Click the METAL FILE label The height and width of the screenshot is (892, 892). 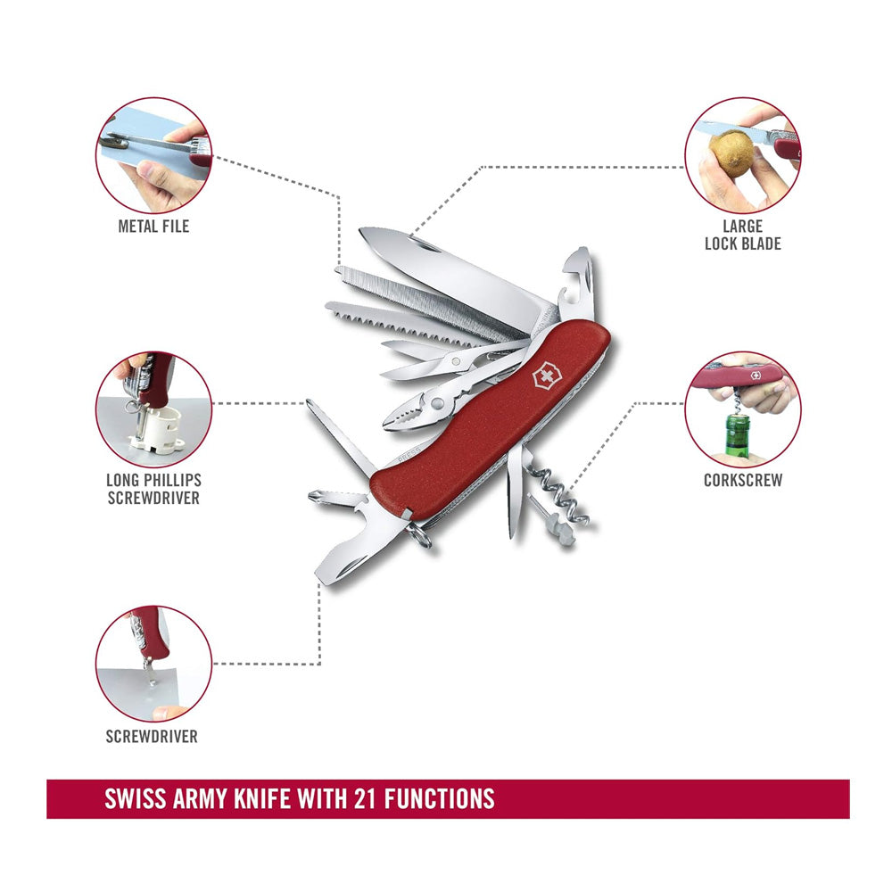153,226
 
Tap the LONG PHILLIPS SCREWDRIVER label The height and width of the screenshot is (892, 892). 153,489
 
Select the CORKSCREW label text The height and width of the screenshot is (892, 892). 743,480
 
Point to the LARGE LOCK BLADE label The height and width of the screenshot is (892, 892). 742,235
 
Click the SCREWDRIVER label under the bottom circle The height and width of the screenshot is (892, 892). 152,736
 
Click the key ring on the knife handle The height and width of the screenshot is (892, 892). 418,534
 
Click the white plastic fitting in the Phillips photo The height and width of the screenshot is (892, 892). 154,430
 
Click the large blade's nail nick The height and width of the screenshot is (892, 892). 424,245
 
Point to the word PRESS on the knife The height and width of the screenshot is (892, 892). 409,454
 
